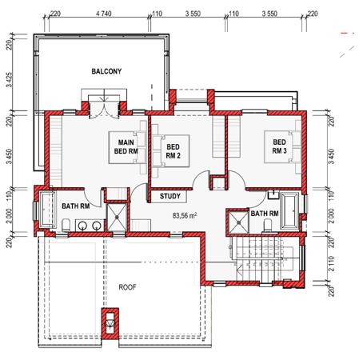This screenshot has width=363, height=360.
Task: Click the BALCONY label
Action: pos(106,71)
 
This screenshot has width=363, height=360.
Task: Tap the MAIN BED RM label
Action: pos(126,147)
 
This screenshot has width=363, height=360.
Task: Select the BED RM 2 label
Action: pos(174,151)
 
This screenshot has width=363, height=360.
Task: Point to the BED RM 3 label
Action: pos(279,146)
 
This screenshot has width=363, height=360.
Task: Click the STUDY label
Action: pos(170,196)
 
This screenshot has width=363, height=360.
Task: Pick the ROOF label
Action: pos(127,287)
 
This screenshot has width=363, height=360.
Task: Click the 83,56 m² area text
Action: pos(185,215)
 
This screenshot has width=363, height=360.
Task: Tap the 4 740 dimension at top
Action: pos(104,14)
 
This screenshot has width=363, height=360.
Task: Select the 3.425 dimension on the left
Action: pos(10,80)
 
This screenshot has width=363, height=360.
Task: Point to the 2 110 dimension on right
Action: pos(331,264)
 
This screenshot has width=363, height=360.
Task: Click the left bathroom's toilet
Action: pos(66,226)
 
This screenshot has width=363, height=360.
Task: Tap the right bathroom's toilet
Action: pos(267,225)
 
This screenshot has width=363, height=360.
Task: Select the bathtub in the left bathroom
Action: pos(48,210)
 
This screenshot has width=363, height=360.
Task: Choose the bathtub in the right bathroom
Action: pos(289,211)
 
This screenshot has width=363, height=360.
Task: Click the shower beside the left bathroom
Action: pos(117,218)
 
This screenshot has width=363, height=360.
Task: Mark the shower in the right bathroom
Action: pos(239,222)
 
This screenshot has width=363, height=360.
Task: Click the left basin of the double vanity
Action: pos(82,226)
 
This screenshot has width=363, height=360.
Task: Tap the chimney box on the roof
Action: pos(110,323)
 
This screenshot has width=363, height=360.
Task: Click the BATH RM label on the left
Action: pos(76,206)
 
